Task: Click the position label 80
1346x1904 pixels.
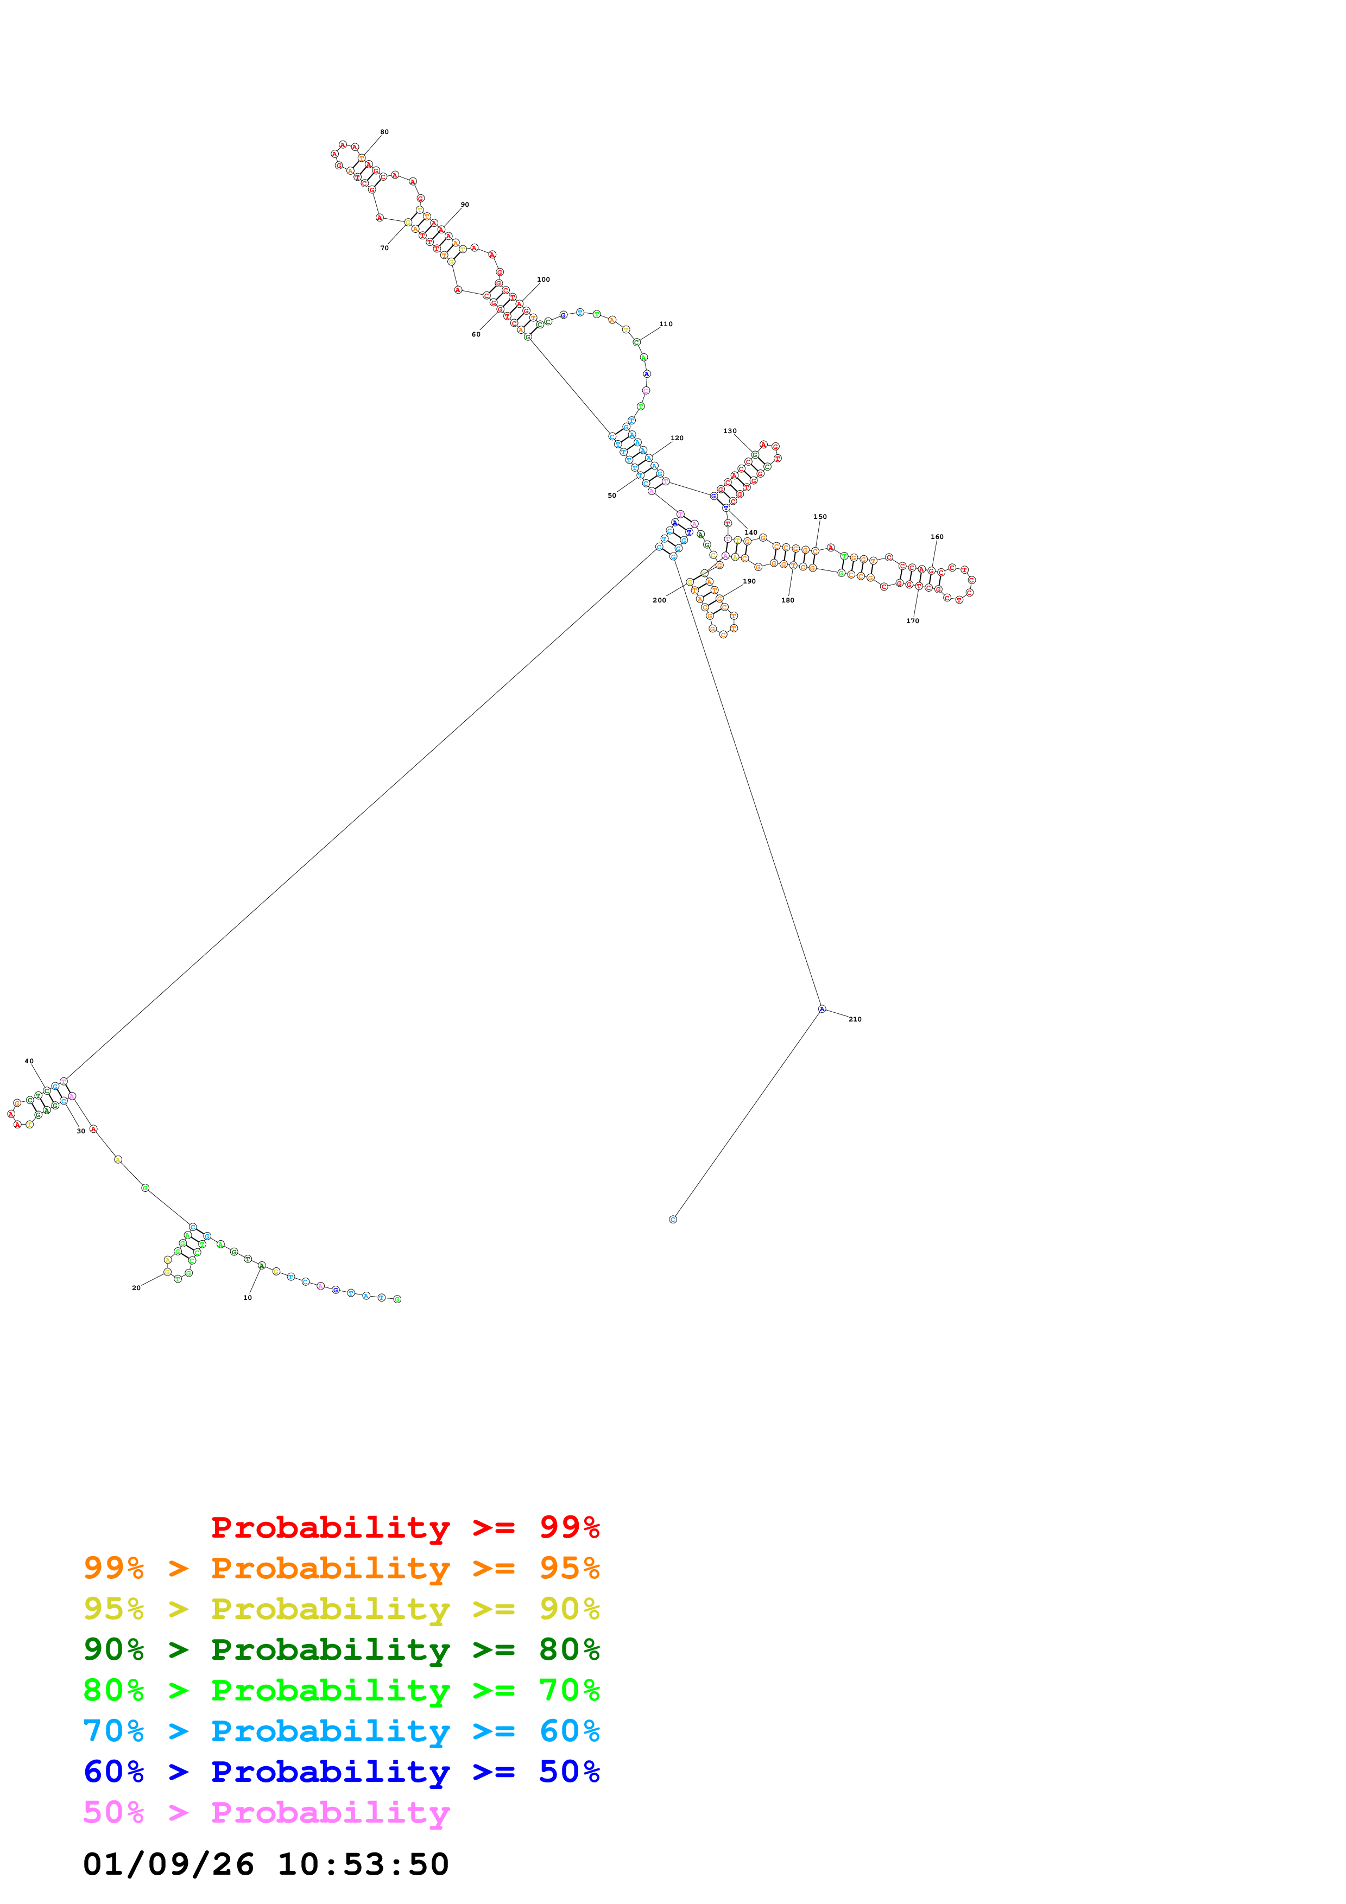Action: pyautogui.click(x=384, y=132)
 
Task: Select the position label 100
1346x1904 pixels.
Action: pyautogui.click(x=543, y=280)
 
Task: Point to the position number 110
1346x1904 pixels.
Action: pyautogui.click(x=666, y=324)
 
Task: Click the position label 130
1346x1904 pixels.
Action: pyautogui.click(x=730, y=431)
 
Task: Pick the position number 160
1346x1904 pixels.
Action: pyautogui.click(x=937, y=537)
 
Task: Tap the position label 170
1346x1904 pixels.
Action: pyautogui.click(x=912, y=621)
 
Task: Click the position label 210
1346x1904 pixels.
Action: pyautogui.click(x=855, y=1019)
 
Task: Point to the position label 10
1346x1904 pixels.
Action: pyautogui.click(x=247, y=1298)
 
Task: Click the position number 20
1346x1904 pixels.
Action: pyautogui.click(x=136, y=1288)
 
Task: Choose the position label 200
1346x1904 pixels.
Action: pyautogui.click(x=659, y=600)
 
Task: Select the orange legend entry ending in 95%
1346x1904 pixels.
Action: pyautogui.click(x=342, y=1568)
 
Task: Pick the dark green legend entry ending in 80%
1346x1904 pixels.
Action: pyautogui.click(x=342, y=1649)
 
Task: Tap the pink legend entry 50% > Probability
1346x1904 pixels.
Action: pyautogui.click(x=266, y=1813)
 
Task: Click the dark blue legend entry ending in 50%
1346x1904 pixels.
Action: pyautogui.click(x=342, y=1772)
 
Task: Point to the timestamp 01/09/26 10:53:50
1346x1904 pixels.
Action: pyautogui.click(x=266, y=1865)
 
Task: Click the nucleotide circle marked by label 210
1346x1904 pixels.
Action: pyautogui.click(x=822, y=1009)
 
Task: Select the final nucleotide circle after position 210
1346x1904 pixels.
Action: pyautogui.click(x=673, y=1219)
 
